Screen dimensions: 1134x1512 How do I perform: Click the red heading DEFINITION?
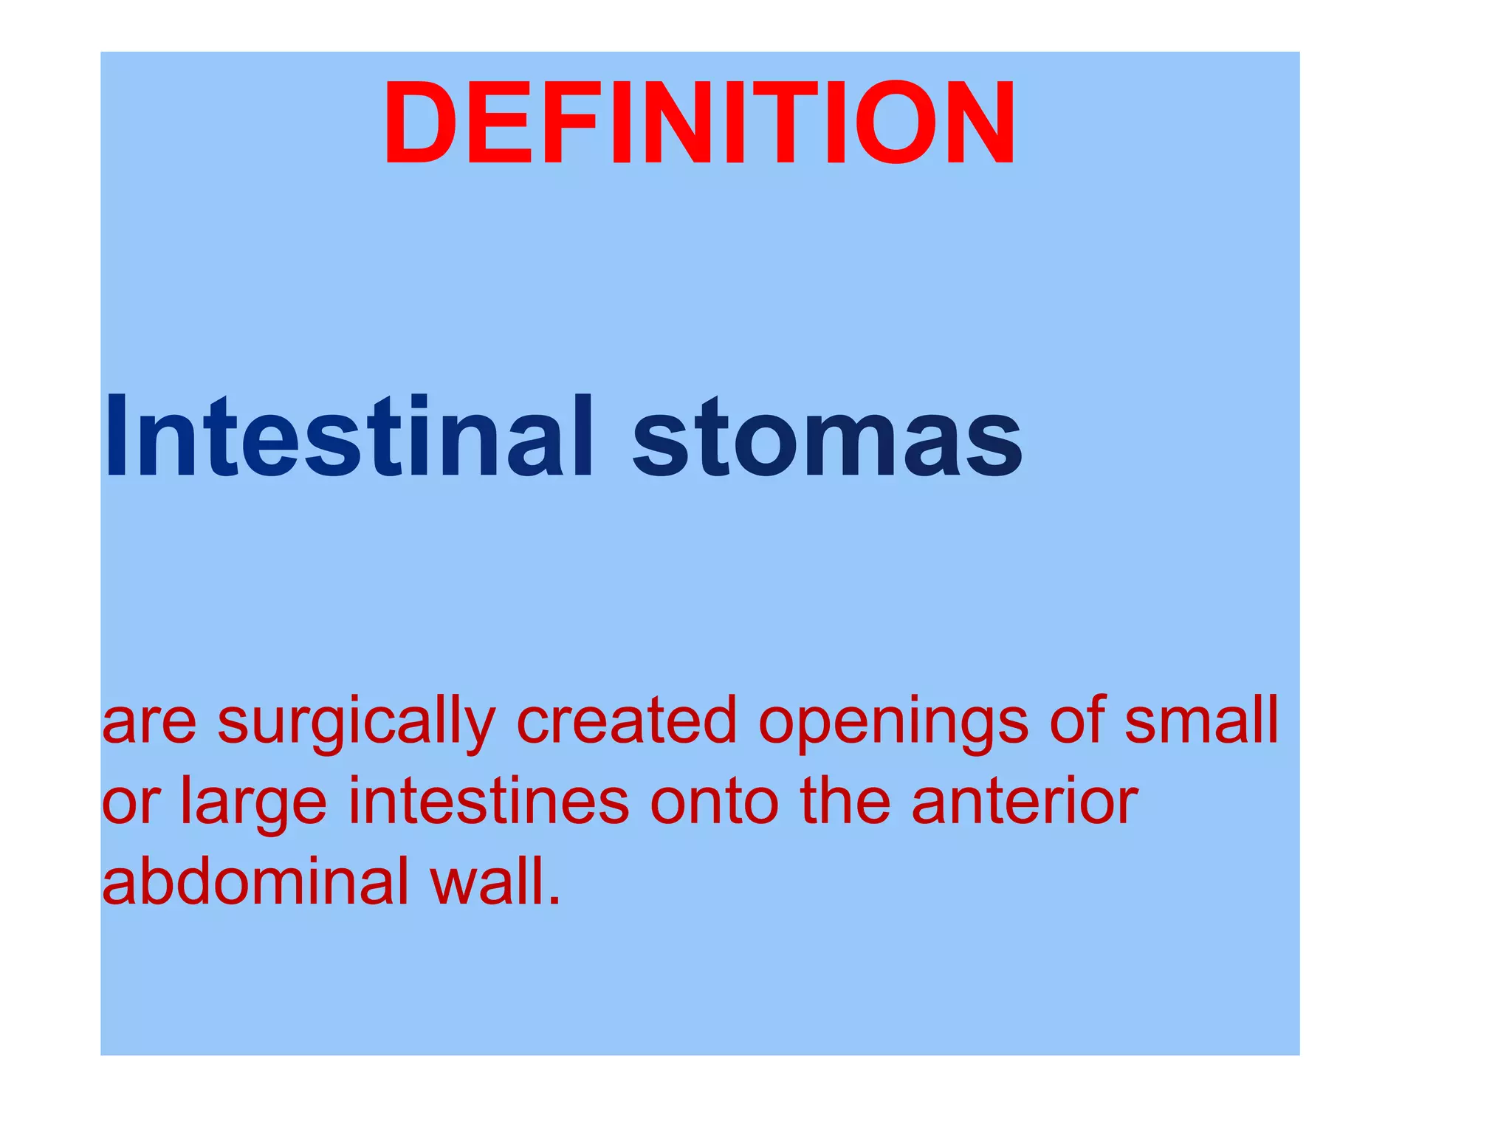pos(699,123)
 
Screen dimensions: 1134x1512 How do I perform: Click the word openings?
pos(893,723)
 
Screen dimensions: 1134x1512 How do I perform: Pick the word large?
pos(253,804)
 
